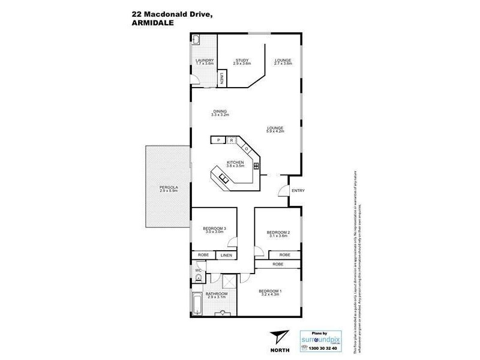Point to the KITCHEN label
pyautogui.click(x=235, y=163)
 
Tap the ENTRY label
pyautogui.click(x=298, y=191)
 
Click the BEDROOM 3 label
pyautogui.click(x=214, y=228)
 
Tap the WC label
pyautogui.click(x=197, y=271)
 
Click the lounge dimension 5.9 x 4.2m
pyautogui.click(x=275, y=131)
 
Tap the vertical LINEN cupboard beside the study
pyautogui.click(x=222, y=78)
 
